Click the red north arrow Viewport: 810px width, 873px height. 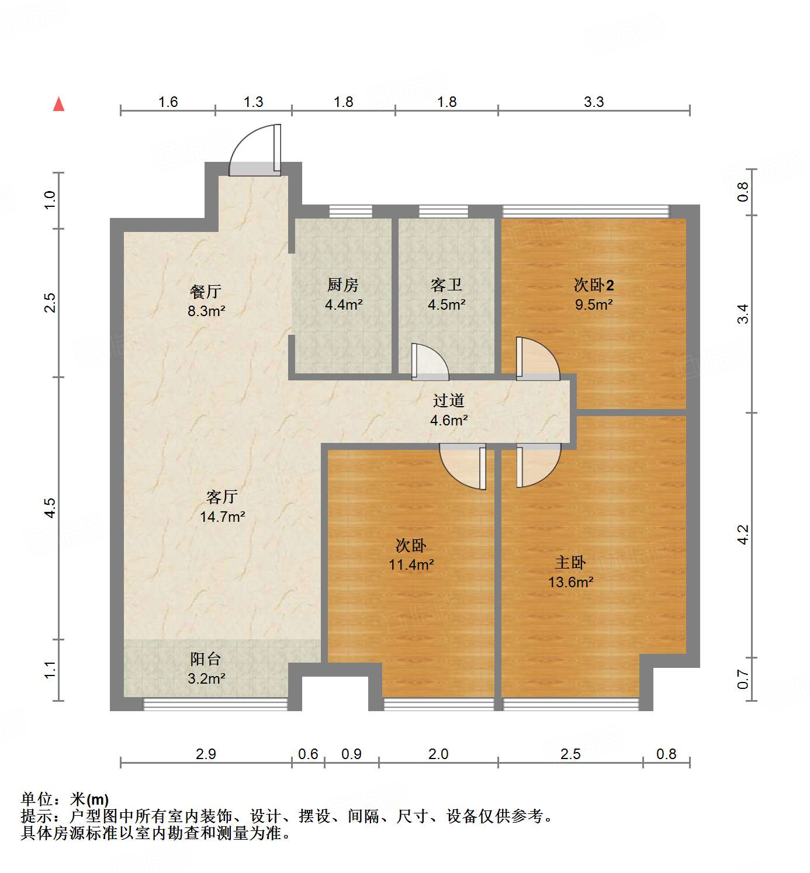pyautogui.click(x=59, y=104)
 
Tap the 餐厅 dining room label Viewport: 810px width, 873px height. pyautogui.click(x=206, y=291)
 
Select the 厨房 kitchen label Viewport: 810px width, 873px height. pyautogui.click(x=343, y=285)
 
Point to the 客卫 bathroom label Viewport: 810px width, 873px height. pyautogui.click(x=446, y=285)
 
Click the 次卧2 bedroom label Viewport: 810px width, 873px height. pyautogui.click(x=594, y=285)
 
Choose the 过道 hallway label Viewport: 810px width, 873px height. pyautogui.click(x=449, y=400)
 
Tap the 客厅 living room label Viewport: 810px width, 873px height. pyautogui.click(x=222, y=497)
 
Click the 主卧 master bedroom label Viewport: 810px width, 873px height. pyautogui.click(x=570, y=562)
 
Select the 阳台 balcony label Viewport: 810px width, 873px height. pyautogui.click(x=206, y=659)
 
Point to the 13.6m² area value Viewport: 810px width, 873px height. pyautogui.click(x=570, y=582)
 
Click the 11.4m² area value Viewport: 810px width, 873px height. pyautogui.click(x=411, y=564)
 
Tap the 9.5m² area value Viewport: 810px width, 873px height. pyautogui.click(x=594, y=304)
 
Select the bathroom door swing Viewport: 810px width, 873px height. pyautogui.click(x=430, y=362)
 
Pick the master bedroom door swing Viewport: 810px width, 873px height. pyautogui.click(x=538, y=465)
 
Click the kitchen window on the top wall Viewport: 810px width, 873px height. pyautogui.click(x=351, y=211)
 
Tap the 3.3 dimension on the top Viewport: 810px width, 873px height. pyautogui.click(x=594, y=102)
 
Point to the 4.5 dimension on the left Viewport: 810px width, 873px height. pyautogui.click(x=50, y=507)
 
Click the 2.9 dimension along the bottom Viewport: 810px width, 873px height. pyautogui.click(x=206, y=754)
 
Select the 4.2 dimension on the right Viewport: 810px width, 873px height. pyautogui.click(x=742, y=534)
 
